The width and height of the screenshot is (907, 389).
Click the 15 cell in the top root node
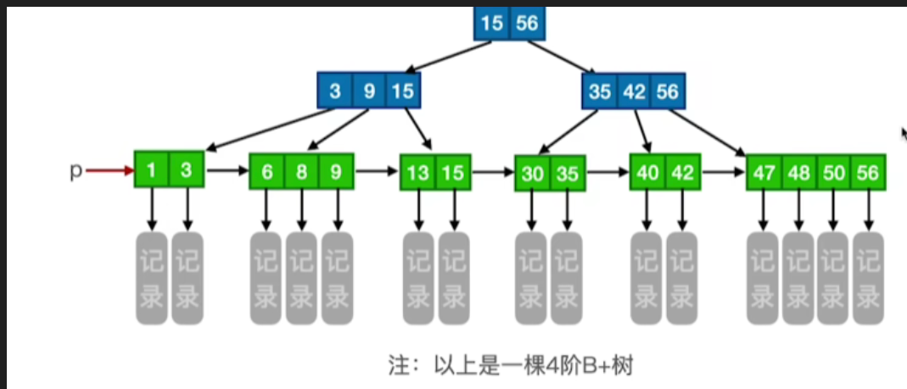tap(491, 23)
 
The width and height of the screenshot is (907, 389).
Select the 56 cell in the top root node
tap(527, 23)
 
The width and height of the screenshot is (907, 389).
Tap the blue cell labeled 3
tap(335, 91)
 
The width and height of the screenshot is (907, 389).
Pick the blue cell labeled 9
tap(369, 91)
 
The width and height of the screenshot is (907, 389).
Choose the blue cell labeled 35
tap(599, 91)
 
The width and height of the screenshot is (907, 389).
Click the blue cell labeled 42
tap(634, 91)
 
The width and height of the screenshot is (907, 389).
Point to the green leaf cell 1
tap(151, 170)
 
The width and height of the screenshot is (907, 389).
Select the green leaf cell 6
tap(267, 172)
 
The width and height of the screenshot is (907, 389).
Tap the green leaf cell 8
tap(302, 172)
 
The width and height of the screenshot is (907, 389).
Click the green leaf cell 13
tap(417, 173)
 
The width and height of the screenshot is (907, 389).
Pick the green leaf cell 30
tap(533, 174)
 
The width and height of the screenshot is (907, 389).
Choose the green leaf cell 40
tap(648, 173)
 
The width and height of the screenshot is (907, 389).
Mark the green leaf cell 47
tap(764, 173)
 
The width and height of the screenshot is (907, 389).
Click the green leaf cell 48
tap(798, 173)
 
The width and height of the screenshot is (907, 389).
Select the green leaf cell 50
tap(833, 173)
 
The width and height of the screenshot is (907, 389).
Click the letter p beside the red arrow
tap(75, 171)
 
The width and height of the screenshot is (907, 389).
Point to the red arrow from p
tap(109, 171)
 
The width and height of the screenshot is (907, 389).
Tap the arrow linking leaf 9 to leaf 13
tap(377, 172)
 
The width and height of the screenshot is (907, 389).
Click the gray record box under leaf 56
tap(868, 277)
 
